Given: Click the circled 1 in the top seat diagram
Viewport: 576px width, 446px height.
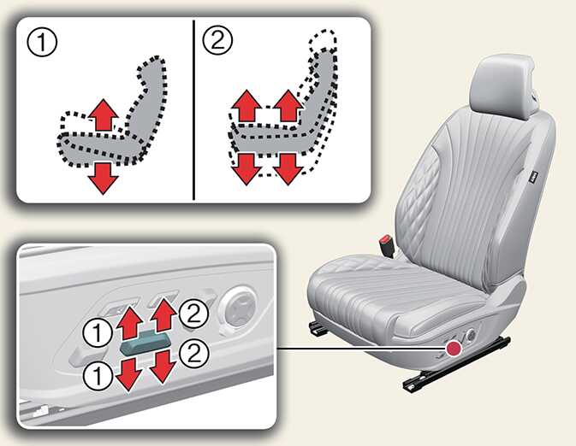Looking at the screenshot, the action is pyautogui.click(x=42, y=42).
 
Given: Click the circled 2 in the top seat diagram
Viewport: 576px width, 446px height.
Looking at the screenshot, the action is pyautogui.click(x=218, y=40).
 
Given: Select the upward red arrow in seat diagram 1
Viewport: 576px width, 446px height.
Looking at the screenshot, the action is pyautogui.click(x=104, y=114).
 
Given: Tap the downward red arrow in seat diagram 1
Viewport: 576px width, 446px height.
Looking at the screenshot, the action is pyautogui.click(x=104, y=179).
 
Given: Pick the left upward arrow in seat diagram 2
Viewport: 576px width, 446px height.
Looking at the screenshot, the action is pyautogui.click(x=247, y=106).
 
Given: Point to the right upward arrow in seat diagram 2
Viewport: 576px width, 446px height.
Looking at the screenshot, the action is pyautogui.click(x=288, y=106).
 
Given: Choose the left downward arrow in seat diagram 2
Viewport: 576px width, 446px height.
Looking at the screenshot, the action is pyautogui.click(x=247, y=169).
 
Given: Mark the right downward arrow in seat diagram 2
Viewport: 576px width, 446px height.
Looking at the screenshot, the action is pyautogui.click(x=288, y=169).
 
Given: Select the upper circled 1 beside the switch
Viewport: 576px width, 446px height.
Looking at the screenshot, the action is pyautogui.click(x=98, y=332).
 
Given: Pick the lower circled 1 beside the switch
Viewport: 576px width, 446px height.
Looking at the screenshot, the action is pyautogui.click(x=98, y=377).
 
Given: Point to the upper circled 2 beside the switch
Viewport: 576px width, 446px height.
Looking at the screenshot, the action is pyautogui.click(x=194, y=314).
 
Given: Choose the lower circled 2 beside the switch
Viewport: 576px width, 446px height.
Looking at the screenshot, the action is pyautogui.click(x=194, y=354).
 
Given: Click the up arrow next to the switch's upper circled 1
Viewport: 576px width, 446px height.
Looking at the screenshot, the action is pyautogui.click(x=130, y=322).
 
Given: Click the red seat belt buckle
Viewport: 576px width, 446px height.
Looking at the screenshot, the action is pyautogui.click(x=388, y=246).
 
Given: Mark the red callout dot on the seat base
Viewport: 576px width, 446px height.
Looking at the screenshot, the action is pyautogui.click(x=454, y=348).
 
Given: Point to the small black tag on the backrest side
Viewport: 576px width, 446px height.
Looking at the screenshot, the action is pyautogui.click(x=534, y=177).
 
